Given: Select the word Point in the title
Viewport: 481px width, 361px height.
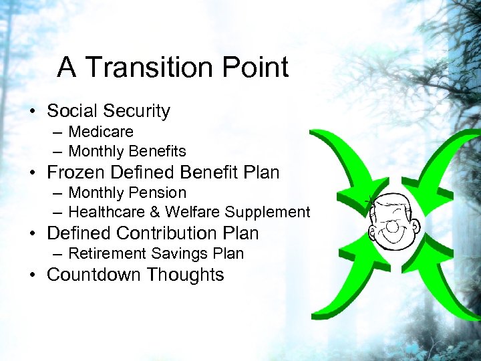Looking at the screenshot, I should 255,68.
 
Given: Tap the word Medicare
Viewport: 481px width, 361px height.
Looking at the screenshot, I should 101,132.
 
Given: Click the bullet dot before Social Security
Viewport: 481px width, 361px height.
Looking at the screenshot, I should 33,112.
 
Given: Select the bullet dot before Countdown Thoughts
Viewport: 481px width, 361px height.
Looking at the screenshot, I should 33,275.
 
